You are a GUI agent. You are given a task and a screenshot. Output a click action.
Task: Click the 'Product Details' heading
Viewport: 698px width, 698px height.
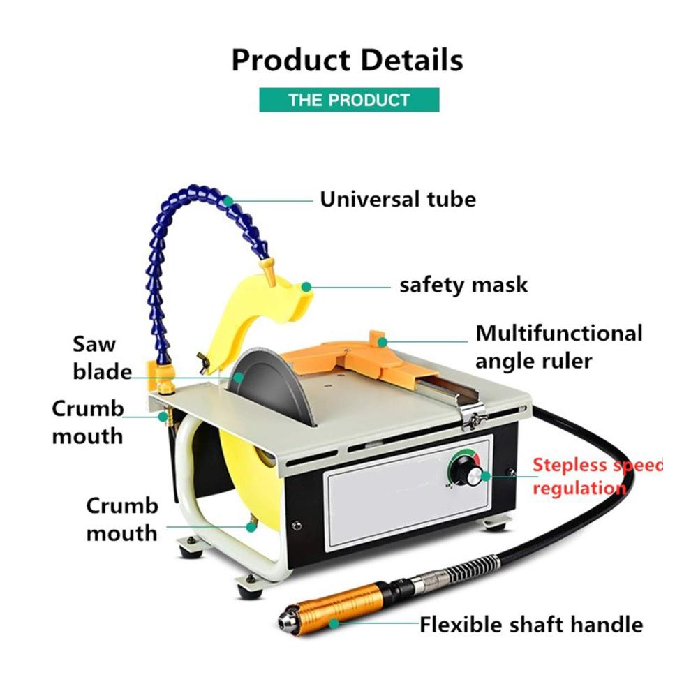pyautogui.click(x=347, y=60)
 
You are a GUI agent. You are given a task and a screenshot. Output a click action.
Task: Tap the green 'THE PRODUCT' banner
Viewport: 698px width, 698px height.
pyautogui.click(x=349, y=100)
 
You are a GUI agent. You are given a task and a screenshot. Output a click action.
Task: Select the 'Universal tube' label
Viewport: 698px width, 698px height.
pyautogui.click(x=398, y=199)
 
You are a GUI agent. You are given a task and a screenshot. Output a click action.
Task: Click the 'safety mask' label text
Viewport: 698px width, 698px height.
pyautogui.click(x=463, y=285)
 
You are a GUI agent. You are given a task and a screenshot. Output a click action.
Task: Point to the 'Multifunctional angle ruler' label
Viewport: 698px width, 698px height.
pyautogui.click(x=558, y=347)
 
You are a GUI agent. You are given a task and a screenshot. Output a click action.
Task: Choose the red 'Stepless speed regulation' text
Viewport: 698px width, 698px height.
pyautogui.click(x=597, y=476)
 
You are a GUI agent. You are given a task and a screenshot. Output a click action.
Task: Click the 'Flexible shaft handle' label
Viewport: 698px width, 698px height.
pyautogui.click(x=531, y=624)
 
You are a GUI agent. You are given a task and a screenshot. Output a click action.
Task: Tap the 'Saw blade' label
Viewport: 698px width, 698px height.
pyautogui.click(x=103, y=357)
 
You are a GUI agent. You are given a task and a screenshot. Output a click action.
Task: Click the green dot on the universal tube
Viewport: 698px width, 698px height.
pyautogui.click(x=228, y=201)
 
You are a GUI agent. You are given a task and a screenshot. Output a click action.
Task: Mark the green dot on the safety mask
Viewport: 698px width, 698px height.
pyautogui.click(x=306, y=287)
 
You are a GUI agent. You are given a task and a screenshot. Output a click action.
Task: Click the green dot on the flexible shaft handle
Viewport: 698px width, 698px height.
pyautogui.click(x=334, y=623)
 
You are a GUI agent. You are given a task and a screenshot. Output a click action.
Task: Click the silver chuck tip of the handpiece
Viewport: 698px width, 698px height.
pyautogui.click(x=285, y=616)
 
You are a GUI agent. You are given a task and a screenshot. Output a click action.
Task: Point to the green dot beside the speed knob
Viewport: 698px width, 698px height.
pyautogui.click(x=486, y=476)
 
